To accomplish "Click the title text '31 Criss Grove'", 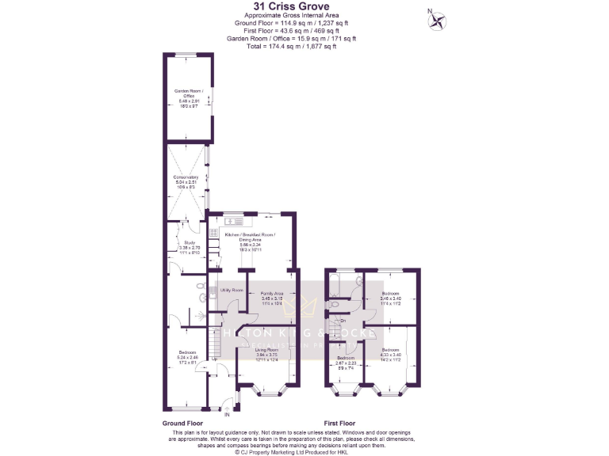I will coord(304,6).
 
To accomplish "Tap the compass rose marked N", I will coord(435,21).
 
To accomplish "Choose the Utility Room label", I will coord(232,291).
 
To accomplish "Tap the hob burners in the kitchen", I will coord(213,232).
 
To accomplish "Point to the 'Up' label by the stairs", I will coord(215,359).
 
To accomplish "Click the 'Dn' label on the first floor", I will coord(342,320).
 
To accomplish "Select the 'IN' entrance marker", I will coord(226,414).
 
